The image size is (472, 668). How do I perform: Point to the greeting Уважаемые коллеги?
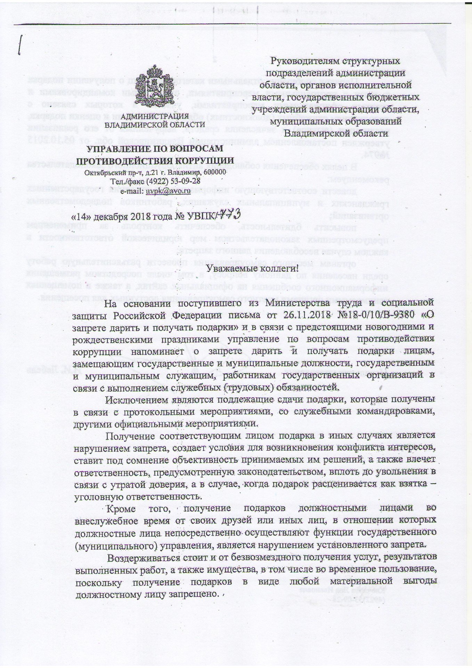pyautogui.click(x=252, y=268)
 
